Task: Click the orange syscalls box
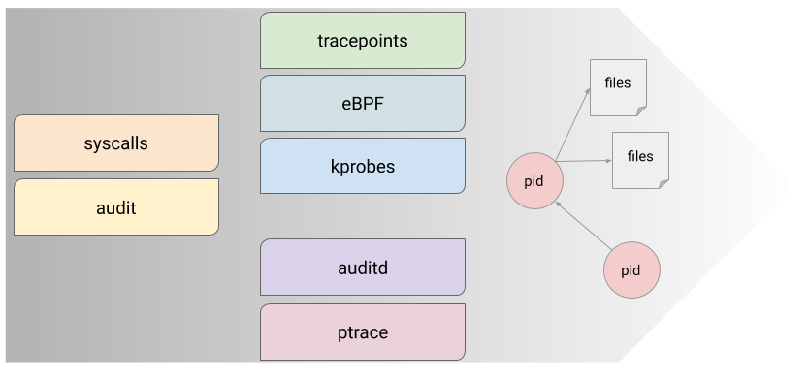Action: [x=116, y=143]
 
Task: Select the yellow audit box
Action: [x=116, y=206]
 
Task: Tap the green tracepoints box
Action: [x=363, y=41]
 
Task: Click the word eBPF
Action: [x=363, y=103]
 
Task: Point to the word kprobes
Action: [x=363, y=166]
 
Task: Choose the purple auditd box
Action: [x=363, y=267]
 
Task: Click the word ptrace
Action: [x=363, y=332]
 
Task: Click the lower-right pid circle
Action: [x=631, y=269]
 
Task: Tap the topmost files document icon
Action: [x=618, y=86]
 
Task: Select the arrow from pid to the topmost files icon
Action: [x=572, y=122]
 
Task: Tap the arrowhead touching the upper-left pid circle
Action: [x=560, y=204]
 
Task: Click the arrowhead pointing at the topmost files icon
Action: [x=589, y=91]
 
